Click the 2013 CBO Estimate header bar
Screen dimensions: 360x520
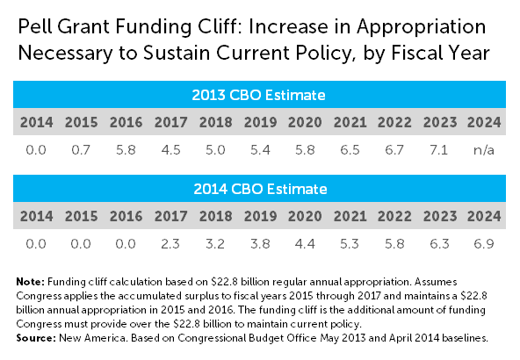pos(260,94)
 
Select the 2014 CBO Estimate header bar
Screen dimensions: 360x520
pos(260,189)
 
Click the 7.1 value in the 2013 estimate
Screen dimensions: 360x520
pos(443,151)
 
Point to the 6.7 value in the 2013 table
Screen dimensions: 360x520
pos(397,151)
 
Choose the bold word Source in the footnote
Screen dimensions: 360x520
pos(32,338)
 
